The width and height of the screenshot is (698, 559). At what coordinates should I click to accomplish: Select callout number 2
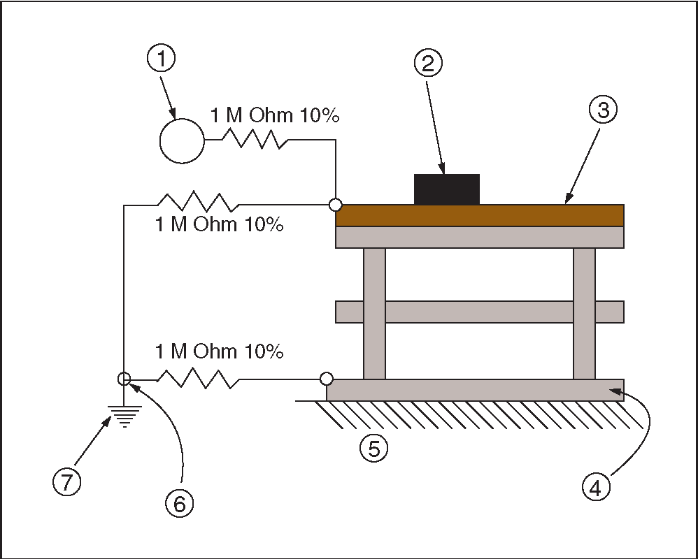[x=428, y=64]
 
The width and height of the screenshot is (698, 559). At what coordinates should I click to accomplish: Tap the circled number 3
[x=603, y=110]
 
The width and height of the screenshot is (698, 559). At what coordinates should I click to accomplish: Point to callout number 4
[x=596, y=488]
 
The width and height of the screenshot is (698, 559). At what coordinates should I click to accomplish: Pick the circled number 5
[x=374, y=449]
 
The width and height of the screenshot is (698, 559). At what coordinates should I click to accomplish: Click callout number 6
[x=180, y=504]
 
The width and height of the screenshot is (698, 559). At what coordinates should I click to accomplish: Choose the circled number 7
[x=66, y=482]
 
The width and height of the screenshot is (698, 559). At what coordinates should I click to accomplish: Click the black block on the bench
[x=446, y=189]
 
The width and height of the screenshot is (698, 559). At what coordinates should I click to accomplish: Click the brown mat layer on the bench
[x=480, y=216]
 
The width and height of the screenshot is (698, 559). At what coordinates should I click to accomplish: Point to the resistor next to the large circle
[x=255, y=139]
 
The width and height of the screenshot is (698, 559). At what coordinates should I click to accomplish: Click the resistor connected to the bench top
[x=199, y=202]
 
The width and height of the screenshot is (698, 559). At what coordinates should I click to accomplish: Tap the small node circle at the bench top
[x=335, y=205]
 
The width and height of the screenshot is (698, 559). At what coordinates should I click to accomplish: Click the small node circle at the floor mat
[x=327, y=379]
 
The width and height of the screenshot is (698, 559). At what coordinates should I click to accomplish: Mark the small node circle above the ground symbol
[x=124, y=379]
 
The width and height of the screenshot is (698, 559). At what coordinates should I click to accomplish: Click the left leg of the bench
[x=374, y=314]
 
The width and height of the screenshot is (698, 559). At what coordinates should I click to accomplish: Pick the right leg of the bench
[x=584, y=314]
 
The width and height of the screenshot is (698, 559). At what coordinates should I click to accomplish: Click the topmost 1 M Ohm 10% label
[x=275, y=115]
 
